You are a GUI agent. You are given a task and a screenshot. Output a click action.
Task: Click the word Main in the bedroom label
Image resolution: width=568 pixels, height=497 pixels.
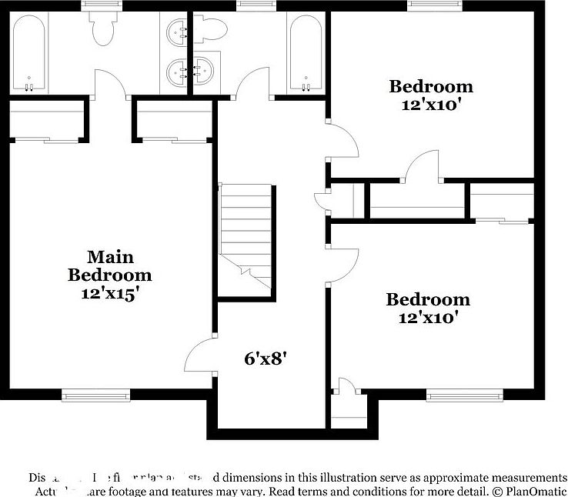110,257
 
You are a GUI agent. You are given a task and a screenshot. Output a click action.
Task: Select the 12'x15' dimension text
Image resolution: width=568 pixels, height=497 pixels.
110,293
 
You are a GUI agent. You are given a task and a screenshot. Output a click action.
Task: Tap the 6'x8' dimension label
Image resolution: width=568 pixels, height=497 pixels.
266,358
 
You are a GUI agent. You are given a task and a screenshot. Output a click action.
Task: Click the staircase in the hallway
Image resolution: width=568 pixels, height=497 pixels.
247,235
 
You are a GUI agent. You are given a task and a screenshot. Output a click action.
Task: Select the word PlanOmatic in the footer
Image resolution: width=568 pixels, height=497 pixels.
532,490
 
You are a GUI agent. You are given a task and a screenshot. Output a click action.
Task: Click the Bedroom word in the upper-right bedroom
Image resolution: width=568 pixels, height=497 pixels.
430,86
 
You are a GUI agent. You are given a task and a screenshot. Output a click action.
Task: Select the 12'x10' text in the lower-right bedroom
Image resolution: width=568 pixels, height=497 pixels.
427,316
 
